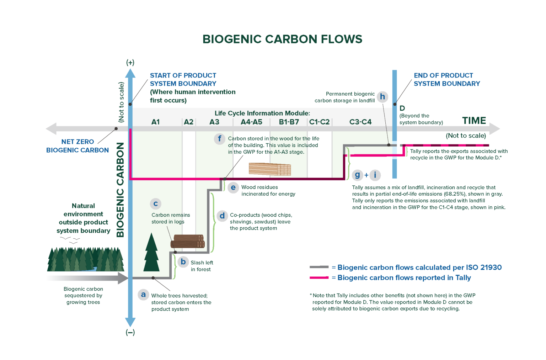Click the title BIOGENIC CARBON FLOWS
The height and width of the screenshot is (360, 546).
[282, 39]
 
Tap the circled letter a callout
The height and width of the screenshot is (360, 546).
[143, 295]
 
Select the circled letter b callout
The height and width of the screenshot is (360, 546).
[183, 262]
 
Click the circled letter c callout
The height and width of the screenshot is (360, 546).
[155, 204]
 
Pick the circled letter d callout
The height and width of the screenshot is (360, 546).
[222, 216]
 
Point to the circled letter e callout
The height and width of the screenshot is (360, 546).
[233, 187]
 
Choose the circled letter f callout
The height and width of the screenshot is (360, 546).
[219, 139]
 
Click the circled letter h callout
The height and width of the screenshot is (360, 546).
[382, 97]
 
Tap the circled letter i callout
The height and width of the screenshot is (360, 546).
[375, 175]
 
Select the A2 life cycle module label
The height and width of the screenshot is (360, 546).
[188, 122]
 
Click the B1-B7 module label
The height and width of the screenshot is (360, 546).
[289, 122]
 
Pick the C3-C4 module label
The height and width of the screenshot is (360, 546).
[360, 122]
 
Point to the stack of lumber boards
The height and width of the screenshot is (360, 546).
[270, 169]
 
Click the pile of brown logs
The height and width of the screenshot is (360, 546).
[187, 242]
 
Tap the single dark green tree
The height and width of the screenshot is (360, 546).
[151, 253]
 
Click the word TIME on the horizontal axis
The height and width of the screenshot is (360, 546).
[474, 121]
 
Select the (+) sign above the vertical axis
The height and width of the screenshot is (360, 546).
[130, 63]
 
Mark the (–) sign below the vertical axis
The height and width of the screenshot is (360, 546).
[130, 332]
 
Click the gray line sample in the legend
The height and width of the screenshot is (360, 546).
[319, 267]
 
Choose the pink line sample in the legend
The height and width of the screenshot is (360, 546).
[319, 277]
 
